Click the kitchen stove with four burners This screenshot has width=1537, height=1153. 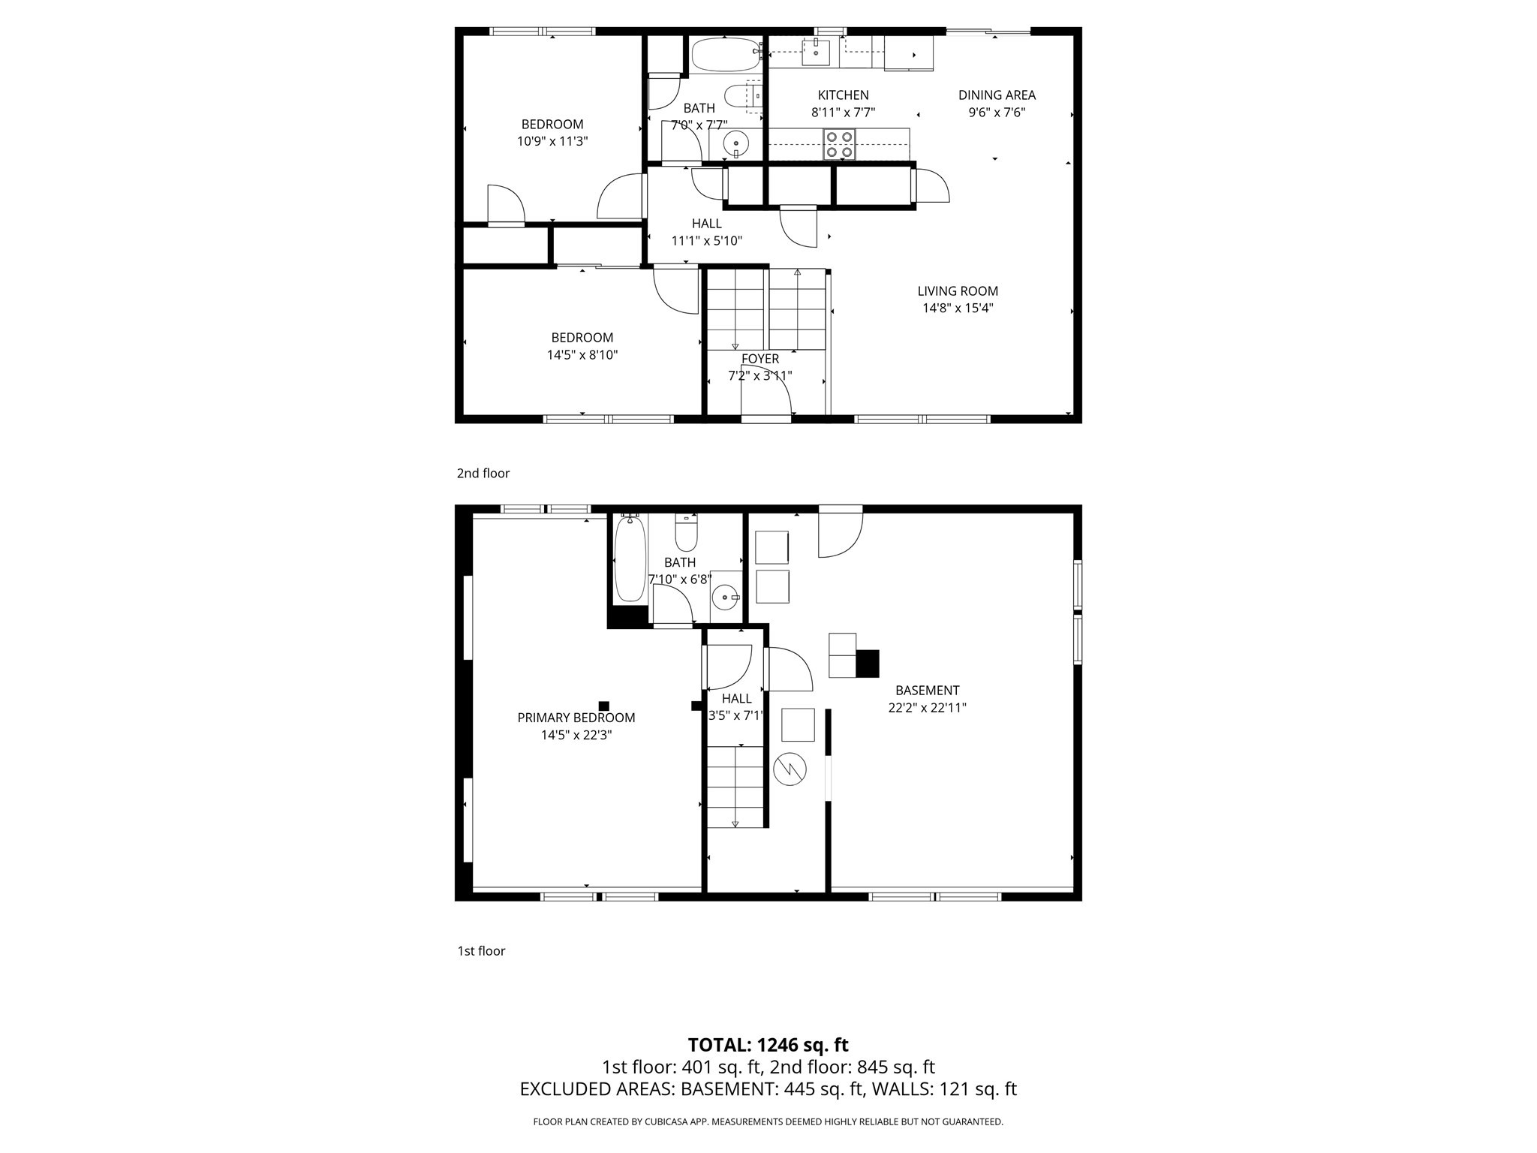click(x=839, y=144)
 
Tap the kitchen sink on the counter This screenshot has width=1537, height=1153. click(x=815, y=53)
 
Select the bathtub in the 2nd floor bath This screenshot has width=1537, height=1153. click(x=725, y=56)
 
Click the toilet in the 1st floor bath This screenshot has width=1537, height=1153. click(x=686, y=532)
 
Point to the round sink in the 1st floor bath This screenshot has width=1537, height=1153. click(x=725, y=598)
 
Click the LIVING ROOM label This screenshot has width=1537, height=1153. click(x=958, y=291)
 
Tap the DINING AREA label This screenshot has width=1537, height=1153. click(x=997, y=95)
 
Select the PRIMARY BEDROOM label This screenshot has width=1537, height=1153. click(x=576, y=718)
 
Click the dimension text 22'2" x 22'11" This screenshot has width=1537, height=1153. click(x=927, y=707)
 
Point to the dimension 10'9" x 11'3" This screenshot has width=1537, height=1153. click(x=552, y=141)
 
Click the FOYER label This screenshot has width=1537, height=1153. click(x=759, y=359)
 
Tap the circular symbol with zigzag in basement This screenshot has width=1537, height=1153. click(x=790, y=769)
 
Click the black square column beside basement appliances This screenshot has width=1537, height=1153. click(x=868, y=664)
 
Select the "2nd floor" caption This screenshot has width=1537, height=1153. click(x=483, y=473)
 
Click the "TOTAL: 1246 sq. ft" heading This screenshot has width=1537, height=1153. click(x=768, y=1045)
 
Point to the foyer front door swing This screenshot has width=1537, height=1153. click(x=767, y=390)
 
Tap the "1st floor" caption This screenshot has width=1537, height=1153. click(x=481, y=951)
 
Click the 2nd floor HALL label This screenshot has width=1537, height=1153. click(x=706, y=224)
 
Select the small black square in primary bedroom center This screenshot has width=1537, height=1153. click(x=603, y=706)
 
